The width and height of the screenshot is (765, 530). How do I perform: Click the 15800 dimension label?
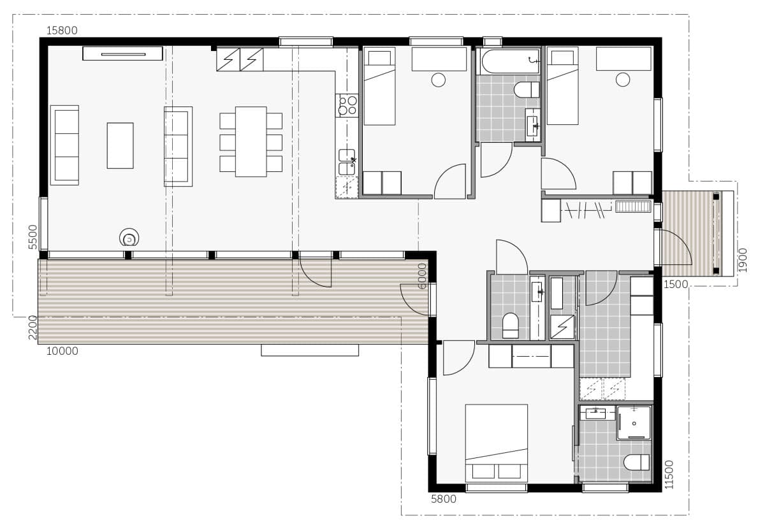pyautogui.click(x=62, y=31)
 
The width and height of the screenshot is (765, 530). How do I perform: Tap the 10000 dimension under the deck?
pyautogui.click(x=62, y=351)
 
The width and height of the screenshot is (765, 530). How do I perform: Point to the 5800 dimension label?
pyautogui.click(x=444, y=499)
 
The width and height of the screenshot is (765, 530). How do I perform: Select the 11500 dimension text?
pyautogui.click(x=669, y=475)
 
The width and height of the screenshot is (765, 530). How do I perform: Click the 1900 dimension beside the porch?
pyautogui.click(x=742, y=260)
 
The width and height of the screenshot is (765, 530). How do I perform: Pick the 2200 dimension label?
pyautogui.click(x=33, y=328)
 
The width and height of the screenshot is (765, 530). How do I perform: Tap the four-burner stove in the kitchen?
pyautogui.click(x=347, y=105)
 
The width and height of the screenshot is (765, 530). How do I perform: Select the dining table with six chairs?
pyautogui.click(x=251, y=141)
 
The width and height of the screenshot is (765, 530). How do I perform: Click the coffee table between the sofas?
pyautogui.click(x=120, y=145)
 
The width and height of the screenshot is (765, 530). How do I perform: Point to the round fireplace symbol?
pyautogui.click(x=128, y=238)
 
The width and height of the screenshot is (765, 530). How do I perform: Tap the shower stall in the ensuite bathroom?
pyautogui.click(x=634, y=422)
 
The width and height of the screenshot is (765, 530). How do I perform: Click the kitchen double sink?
pyautogui.click(x=347, y=162)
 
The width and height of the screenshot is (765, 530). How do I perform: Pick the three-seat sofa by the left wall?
pyautogui.click(x=64, y=145)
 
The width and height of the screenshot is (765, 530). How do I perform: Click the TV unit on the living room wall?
pyautogui.click(x=122, y=54)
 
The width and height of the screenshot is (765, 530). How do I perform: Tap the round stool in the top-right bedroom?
pyautogui.click(x=623, y=80)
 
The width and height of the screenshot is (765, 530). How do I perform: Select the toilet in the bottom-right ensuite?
pyautogui.click(x=636, y=462)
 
